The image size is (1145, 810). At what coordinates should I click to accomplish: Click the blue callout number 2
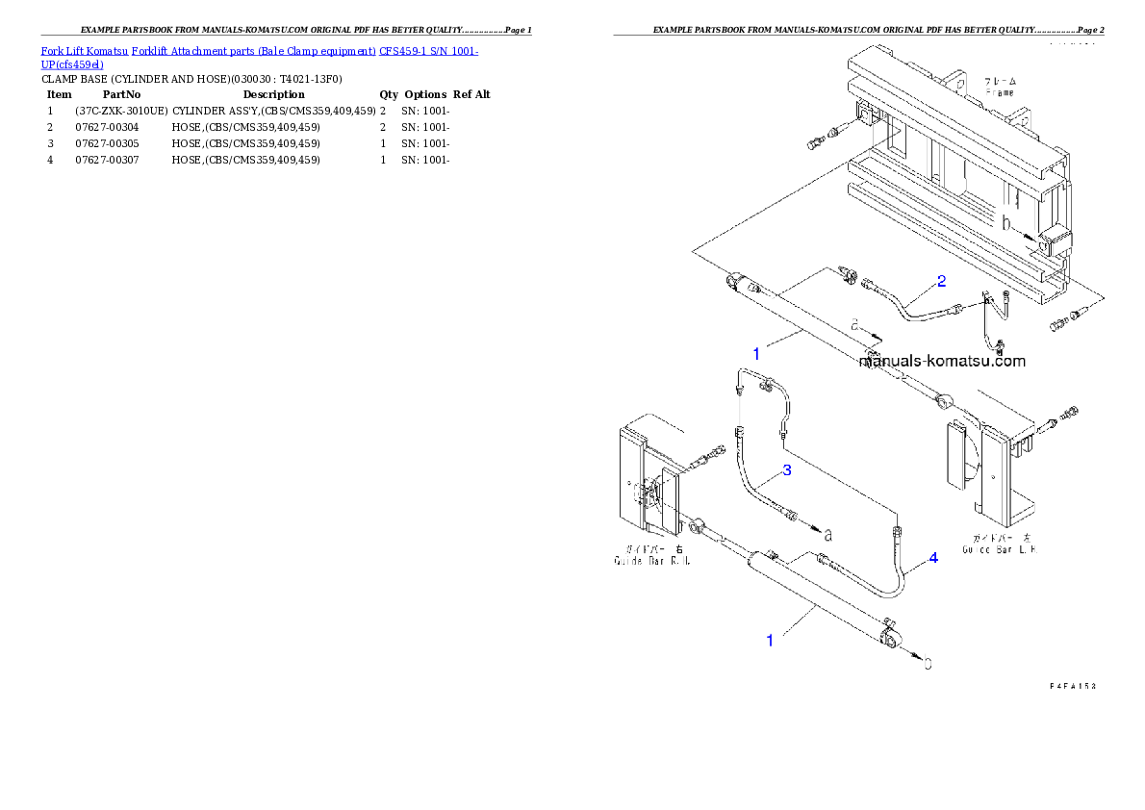pyautogui.click(x=941, y=281)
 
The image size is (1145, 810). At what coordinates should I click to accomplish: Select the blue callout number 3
pyautogui.click(x=786, y=469)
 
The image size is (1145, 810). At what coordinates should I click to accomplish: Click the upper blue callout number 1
pyautogui.click(x=756, y=354)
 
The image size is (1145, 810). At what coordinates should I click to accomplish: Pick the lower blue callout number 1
pyautogui.click(x=769, y=640)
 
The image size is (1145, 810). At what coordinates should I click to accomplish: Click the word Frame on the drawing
pyautogui.click(x=999, y=93)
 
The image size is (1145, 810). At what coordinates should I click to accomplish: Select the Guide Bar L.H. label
pyautogui.click(x=1001, y=549)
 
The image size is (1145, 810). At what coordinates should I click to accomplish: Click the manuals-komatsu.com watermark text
pyautogui.click(x=941, y=362)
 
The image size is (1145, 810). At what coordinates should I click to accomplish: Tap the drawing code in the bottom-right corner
pyautogui.click(x=1073, y=686)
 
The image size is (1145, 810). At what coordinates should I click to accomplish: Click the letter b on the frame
pyautogui.click(x=1006, y=223)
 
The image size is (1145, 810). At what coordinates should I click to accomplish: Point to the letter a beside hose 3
pyautogui.click(x=827, y=532)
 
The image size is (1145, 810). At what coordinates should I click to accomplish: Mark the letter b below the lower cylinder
pyautogui.click(x=928, y=663)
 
